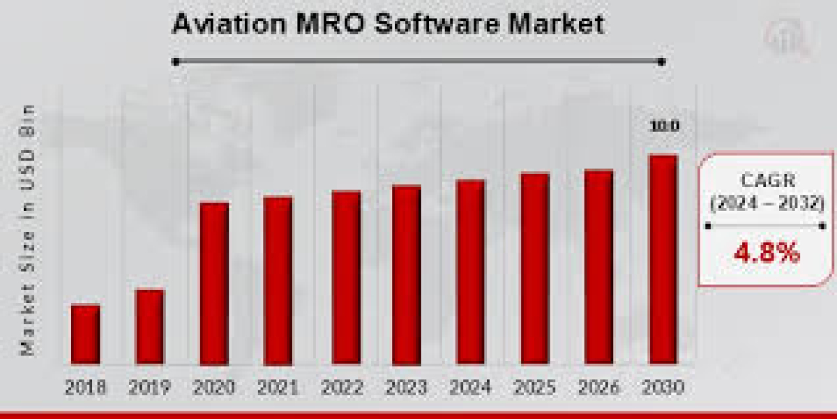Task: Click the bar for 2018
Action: [x=85, y=335]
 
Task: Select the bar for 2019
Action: [x=150, y=327]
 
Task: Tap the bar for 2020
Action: [x=214, y=284]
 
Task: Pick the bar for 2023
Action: [x=406, y=275]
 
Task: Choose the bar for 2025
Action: [x=535, y=269]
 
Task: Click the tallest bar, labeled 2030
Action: [x=663, y=260]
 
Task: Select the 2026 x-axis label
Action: [x=598, y=386]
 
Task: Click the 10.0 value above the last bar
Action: [x=665, y=126]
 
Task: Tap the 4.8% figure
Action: [x=767, y=253]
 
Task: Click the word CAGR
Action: [x=767, y=181]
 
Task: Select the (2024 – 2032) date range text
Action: [x=767, y=204]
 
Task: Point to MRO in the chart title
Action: [x=329, y=24]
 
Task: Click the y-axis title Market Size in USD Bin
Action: [x=28, y=230]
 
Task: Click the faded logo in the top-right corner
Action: [x=787, y=38]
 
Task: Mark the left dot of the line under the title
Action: [x=176, y=61]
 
